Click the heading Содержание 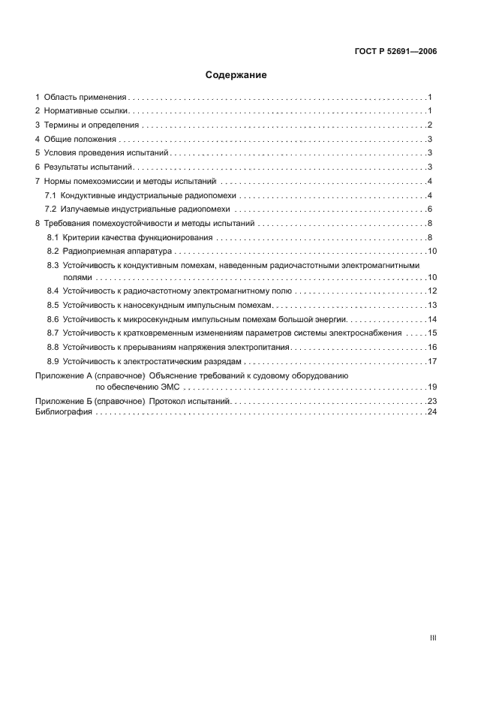[236, 75]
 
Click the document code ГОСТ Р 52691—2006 [395, 52]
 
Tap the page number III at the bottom [432, 637]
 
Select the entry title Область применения [85, 98]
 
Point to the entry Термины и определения [91, 125]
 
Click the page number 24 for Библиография [431, 413]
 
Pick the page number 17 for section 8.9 [431, 361]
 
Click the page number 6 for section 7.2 [429, 209]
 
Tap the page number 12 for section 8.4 [431, 291]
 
